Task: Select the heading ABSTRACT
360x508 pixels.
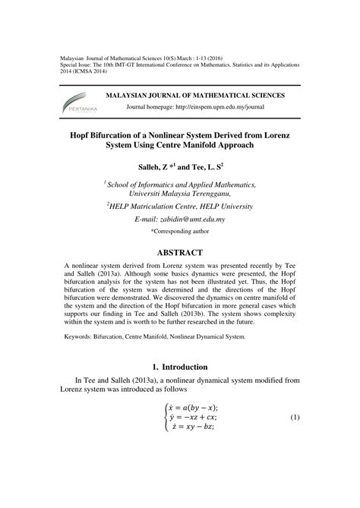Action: coord(180,252)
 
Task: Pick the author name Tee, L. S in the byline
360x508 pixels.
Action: coord(210,164)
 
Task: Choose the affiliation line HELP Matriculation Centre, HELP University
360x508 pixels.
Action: coord(180,206)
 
